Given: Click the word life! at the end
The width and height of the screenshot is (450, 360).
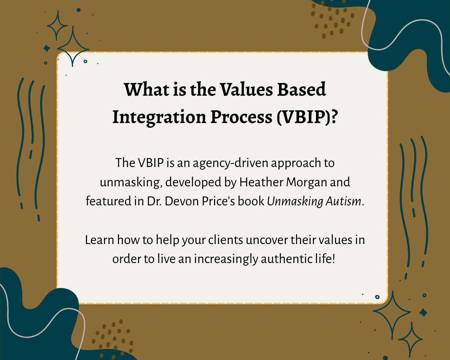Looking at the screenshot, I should click(x=325, y=259).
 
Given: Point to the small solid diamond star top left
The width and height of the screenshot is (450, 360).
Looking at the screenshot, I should click(x=47, y=49).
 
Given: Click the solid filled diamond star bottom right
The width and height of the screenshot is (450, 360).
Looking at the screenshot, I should click(x=423, y=313).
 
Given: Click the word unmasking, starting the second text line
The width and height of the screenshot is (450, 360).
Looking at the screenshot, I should click(x=131, y=182).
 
